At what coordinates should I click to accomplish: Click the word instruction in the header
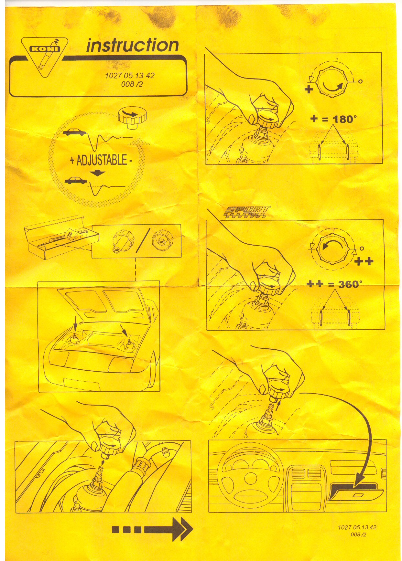(x=133, y=45)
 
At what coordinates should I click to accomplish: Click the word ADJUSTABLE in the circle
(x=102, y=160)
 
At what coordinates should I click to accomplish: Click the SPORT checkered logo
(x=247, y=212)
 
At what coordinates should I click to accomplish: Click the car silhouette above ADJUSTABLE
(x=75, y=132)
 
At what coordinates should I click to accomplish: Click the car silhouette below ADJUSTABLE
(x=76, y=181)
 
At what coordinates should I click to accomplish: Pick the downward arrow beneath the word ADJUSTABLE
(x=97, y=173)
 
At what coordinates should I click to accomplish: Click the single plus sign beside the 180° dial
(x=309, y=89)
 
